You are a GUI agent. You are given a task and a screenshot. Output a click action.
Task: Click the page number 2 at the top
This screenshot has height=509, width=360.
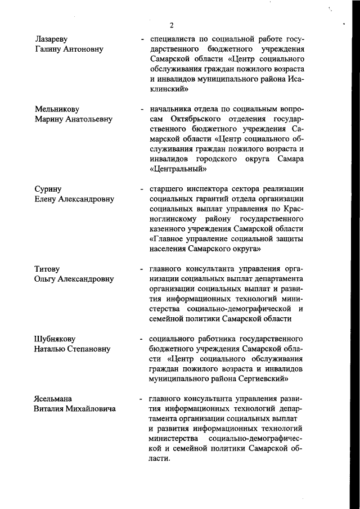[172, 25]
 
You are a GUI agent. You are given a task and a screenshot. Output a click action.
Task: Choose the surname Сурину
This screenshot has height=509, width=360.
[48, 189]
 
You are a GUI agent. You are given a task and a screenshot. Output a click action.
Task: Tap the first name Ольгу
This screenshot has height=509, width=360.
[48, 279]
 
